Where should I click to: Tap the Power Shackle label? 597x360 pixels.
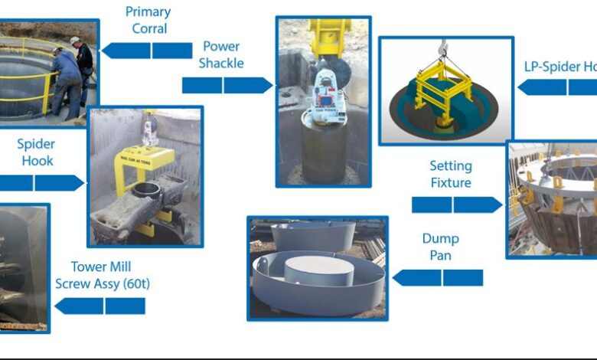tap(221, 54)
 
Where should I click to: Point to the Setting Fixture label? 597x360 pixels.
tap(451, 174)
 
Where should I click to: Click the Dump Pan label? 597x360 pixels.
tap(440, 247)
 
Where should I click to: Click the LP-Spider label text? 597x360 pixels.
tap(559, 66)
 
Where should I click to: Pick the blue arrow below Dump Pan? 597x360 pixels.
tap(438, 277)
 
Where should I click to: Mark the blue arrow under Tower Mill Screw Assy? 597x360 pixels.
tap(100, 306)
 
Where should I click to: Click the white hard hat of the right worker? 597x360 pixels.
tap(75, 41)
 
